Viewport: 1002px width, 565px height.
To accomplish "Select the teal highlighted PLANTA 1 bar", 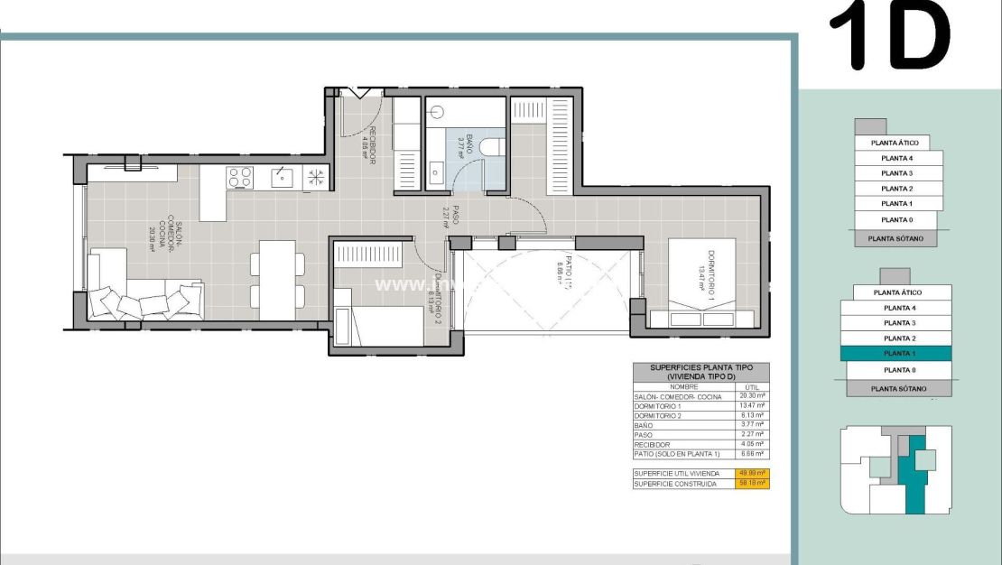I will point(895,354).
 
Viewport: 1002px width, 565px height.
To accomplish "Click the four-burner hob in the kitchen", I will point(240,177).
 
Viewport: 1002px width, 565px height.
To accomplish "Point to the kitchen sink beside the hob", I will point(283,178).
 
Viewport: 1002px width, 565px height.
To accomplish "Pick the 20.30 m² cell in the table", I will point(752,396).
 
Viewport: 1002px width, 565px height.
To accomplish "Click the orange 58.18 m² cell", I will point(752,484).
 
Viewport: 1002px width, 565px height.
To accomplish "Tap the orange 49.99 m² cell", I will point(752,473).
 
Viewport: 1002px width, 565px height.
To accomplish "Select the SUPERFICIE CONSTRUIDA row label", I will point(675,484).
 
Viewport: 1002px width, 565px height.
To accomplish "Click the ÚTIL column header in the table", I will point(752,386).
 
